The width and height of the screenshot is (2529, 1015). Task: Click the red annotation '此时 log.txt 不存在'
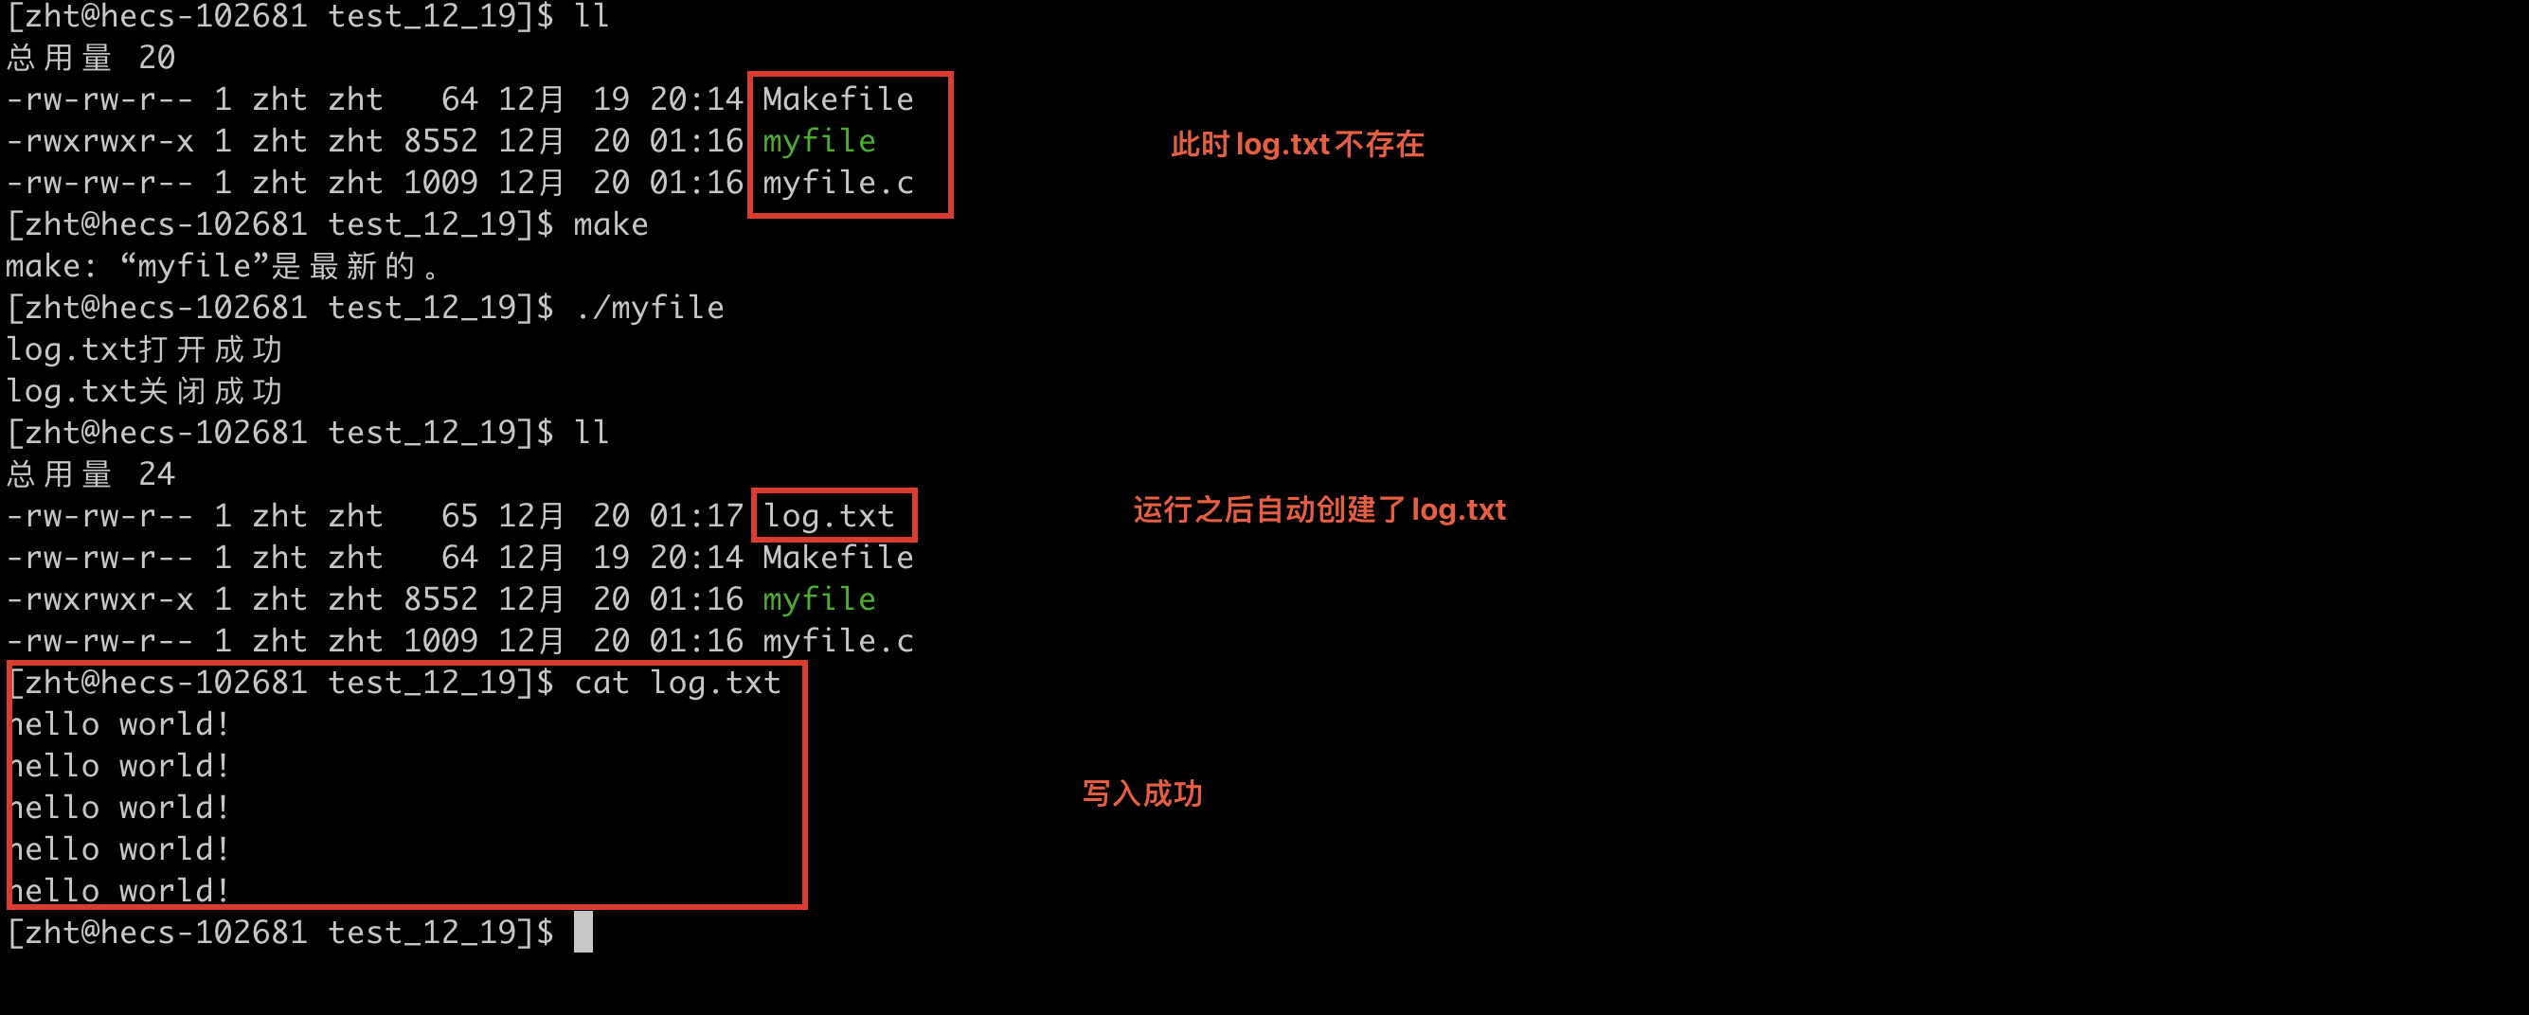(1296, 145)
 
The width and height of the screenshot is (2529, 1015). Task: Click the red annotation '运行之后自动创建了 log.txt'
(1318, 510)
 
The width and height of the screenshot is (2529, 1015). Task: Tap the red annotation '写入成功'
(1141, 793)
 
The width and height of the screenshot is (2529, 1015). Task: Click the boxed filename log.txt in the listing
(830, 516)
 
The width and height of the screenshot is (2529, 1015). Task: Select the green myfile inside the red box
(818, 141)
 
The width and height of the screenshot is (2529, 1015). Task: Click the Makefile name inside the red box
(837, 99)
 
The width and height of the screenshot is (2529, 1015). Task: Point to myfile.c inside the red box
(837, 183)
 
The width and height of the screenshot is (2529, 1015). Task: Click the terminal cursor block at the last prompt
(583, 932)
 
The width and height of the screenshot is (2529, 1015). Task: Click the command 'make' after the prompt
(611, 224)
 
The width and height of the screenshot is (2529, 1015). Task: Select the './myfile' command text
(650, 309)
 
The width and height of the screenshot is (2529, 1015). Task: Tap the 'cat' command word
(601, 683)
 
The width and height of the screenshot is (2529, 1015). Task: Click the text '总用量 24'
(90, 474)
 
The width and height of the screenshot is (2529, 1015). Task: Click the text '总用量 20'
(90, 58)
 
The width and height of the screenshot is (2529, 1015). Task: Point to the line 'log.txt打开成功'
(144, 349)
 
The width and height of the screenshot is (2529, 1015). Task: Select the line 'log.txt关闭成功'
(144, 392)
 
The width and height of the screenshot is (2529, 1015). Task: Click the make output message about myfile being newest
(222, 266)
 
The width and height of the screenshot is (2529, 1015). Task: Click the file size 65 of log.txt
(458, 516)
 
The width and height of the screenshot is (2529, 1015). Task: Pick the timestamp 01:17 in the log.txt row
(696, 516)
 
